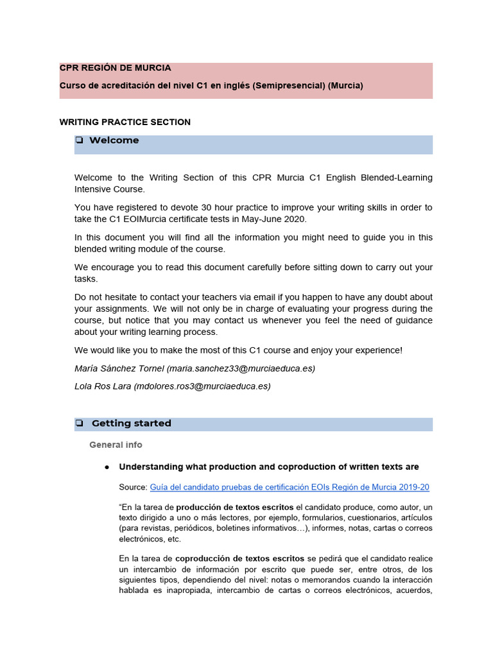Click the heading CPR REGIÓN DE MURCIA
coord(115,68)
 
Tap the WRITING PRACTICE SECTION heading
coord(125,122)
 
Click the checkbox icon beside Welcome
coord(79,141)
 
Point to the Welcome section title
coord(114,141)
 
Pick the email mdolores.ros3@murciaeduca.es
coord(202,386)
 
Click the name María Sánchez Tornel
coord(119,369)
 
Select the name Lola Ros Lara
coord(103,386)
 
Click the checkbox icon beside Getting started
coord(79,423)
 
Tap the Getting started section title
coord(131,423)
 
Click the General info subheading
coord(116,445)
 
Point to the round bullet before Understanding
coord(107,467)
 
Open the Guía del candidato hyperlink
coord(290,487)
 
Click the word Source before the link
coord(133,487)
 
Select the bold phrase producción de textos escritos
coord(235,507)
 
